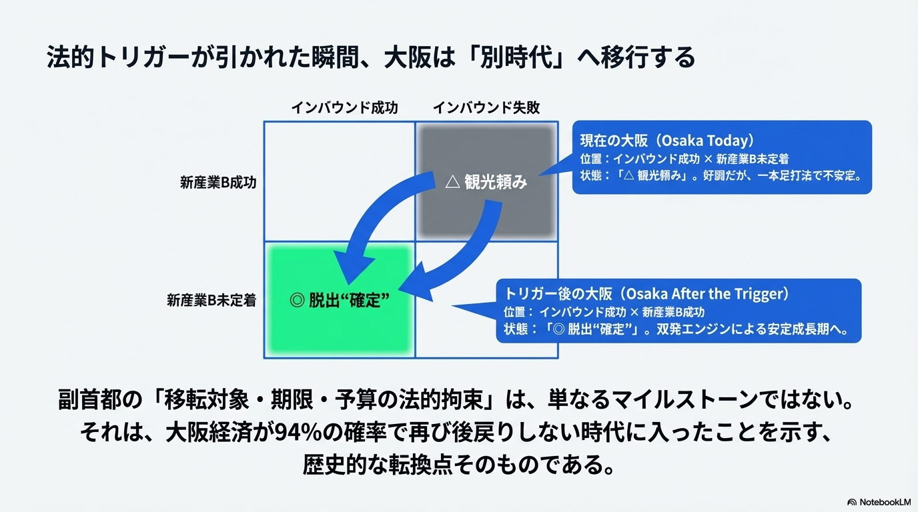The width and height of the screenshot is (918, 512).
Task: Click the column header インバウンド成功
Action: pos(344,107)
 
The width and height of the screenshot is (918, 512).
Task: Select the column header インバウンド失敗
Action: pos(486,107)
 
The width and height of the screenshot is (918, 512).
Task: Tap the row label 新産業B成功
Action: pos(217,183)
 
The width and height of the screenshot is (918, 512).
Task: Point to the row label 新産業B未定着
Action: pos(211,301)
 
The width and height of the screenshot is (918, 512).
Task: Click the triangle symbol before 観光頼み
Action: pos(452,182)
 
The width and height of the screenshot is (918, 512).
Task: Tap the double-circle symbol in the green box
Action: pos(297,300)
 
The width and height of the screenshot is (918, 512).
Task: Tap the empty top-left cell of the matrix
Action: pos(340,181)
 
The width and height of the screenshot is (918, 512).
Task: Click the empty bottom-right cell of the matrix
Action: pos(486,300)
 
